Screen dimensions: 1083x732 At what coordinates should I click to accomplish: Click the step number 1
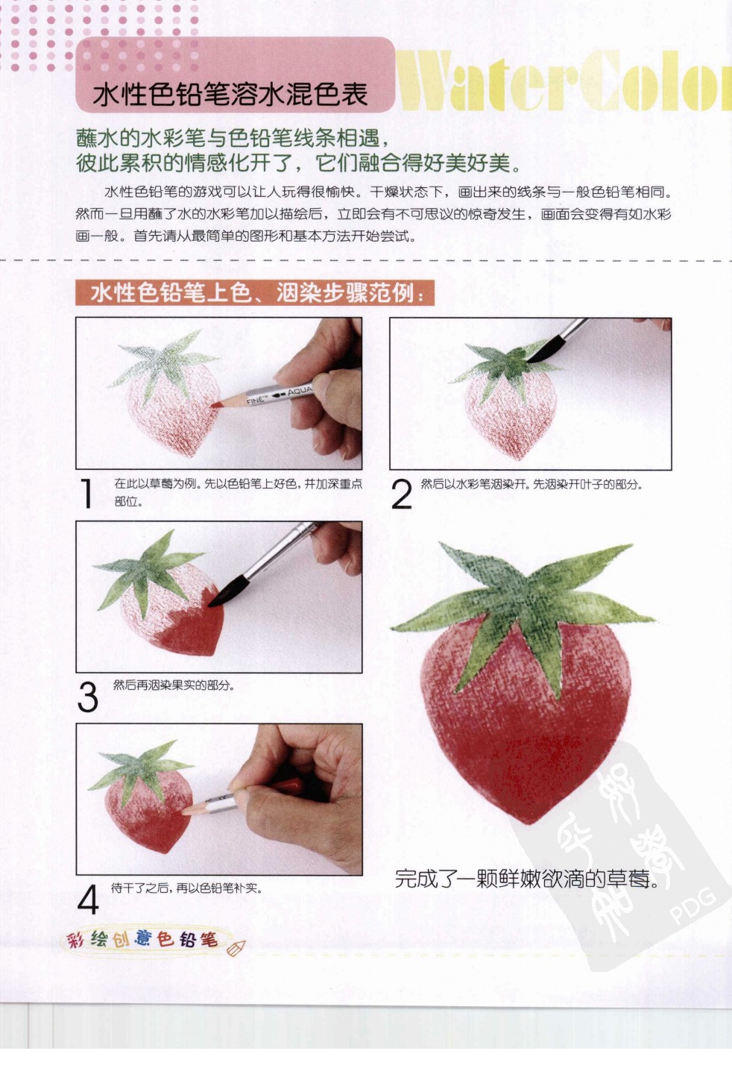pyautogui.click(x=86, y=495)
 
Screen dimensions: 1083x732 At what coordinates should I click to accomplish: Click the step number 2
pyautogui.click(x=401, y=495)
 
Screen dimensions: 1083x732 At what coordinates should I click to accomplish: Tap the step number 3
pyautogui.click(x=87, y=697)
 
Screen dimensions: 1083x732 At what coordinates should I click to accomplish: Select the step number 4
pyautogui.click(x=87, y=899)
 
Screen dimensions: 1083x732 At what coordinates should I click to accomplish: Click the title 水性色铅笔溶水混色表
pyautogui.click(x=230, y=95)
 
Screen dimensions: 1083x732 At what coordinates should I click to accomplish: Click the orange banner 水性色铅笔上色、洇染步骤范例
pyautogui.click(x=253, y=292)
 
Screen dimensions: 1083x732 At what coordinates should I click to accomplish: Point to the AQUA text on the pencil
pyautogui.click(x=300, y=391)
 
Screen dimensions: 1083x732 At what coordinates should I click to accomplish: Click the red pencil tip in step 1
pyautogui.click(x=215, y=405)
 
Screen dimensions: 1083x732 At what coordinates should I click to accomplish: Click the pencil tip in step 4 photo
pyautogui.click(x=187, y=811)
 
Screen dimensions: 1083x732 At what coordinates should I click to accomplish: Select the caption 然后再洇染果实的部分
pyautogui.click(x=173, y=685)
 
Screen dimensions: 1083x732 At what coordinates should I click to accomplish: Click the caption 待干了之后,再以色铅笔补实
pyautogui.click(x=186, y=888)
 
